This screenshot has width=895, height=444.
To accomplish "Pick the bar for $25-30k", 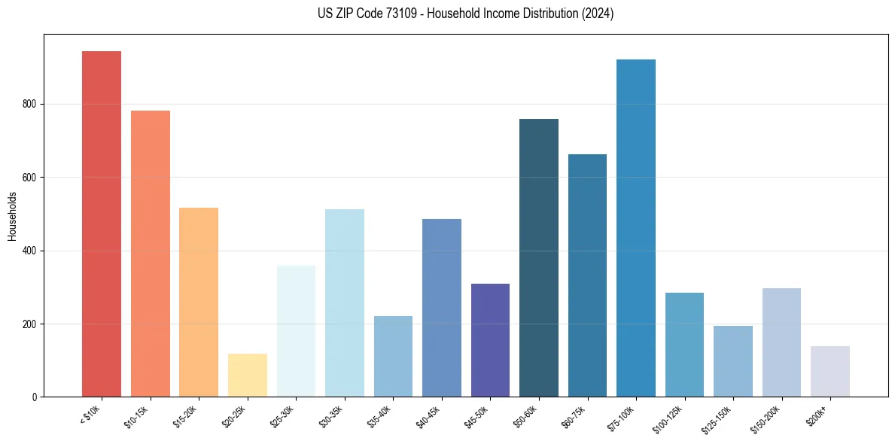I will (x=296, y=331).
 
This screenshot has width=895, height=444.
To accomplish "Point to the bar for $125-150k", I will (x=733, y=361).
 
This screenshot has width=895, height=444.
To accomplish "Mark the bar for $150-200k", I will (x=781, y=342).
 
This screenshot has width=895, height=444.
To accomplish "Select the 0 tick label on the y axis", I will (x=35, y=397).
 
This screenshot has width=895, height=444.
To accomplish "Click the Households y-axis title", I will (x=12, y=215).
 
